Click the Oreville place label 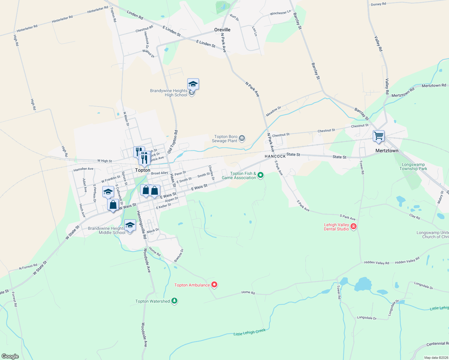coord(222,30)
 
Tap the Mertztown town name coord(387,151)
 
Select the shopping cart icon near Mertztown coord(378,136)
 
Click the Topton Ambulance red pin coord(214,285)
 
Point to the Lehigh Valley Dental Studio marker coord(353,226)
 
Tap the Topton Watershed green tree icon coord(174,301)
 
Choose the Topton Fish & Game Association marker coord(261,175)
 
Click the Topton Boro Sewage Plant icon coord(242,138)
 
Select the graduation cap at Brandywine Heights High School coord(193,84)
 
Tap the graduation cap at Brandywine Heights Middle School coord(130,225)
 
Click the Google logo coord(10,356)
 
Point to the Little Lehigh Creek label coord(249,332)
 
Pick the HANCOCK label coord(275,156)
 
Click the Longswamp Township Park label coord(413,166)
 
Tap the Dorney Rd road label coord(378,4)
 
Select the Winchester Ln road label coord(280,13)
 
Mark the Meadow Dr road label coord(273,111)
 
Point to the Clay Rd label coord(414,217)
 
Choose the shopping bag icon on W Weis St coord(113,205)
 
